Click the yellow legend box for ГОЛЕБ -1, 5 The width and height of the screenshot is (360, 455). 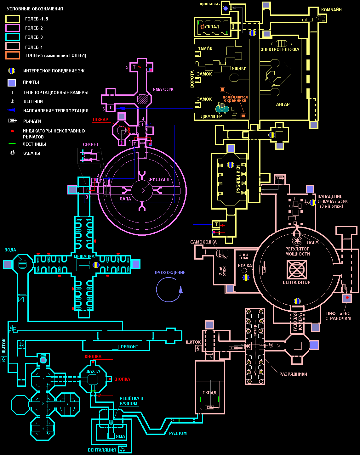[x=13, y=19]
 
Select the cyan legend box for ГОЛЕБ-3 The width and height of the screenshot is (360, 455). [x=13, y=37]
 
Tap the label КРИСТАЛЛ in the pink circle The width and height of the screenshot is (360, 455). [x=158, y=179]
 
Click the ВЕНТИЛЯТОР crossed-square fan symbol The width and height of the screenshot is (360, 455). [x=297, y=269]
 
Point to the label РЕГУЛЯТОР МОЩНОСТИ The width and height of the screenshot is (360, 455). [x=297, y=251]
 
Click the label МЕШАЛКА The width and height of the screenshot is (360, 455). [x=84, y=256]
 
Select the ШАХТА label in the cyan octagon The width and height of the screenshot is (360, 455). [x=93, y=371]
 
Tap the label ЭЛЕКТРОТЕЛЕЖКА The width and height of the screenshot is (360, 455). [x=280, y=49]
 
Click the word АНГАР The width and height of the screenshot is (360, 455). [x=283, y=104]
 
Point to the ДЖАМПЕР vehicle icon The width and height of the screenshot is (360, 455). [x=222, y=109]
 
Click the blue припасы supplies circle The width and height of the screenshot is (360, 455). [x=226, y=8]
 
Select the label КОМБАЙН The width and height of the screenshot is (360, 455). [x=331, y=10]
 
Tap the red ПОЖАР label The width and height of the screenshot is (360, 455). [x=100, y=120]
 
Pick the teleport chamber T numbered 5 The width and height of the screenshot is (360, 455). [x=134, y=67]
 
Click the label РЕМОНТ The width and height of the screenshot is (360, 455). [x=129, y=347]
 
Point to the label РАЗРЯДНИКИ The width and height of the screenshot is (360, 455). [x=293, y=374]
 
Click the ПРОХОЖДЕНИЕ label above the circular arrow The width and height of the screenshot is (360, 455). [x=169, y=272]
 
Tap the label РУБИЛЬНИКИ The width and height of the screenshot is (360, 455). [x=238, y=179]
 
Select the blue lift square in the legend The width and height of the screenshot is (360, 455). [x=12, y=82]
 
